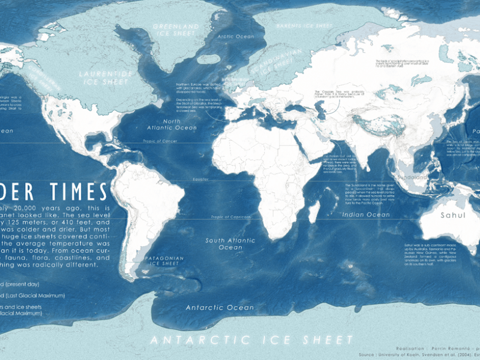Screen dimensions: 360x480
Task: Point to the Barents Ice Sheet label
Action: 303,26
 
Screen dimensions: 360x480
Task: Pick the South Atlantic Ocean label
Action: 223,244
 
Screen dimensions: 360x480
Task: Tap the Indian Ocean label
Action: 362,214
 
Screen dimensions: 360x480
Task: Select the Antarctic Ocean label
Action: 211,308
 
